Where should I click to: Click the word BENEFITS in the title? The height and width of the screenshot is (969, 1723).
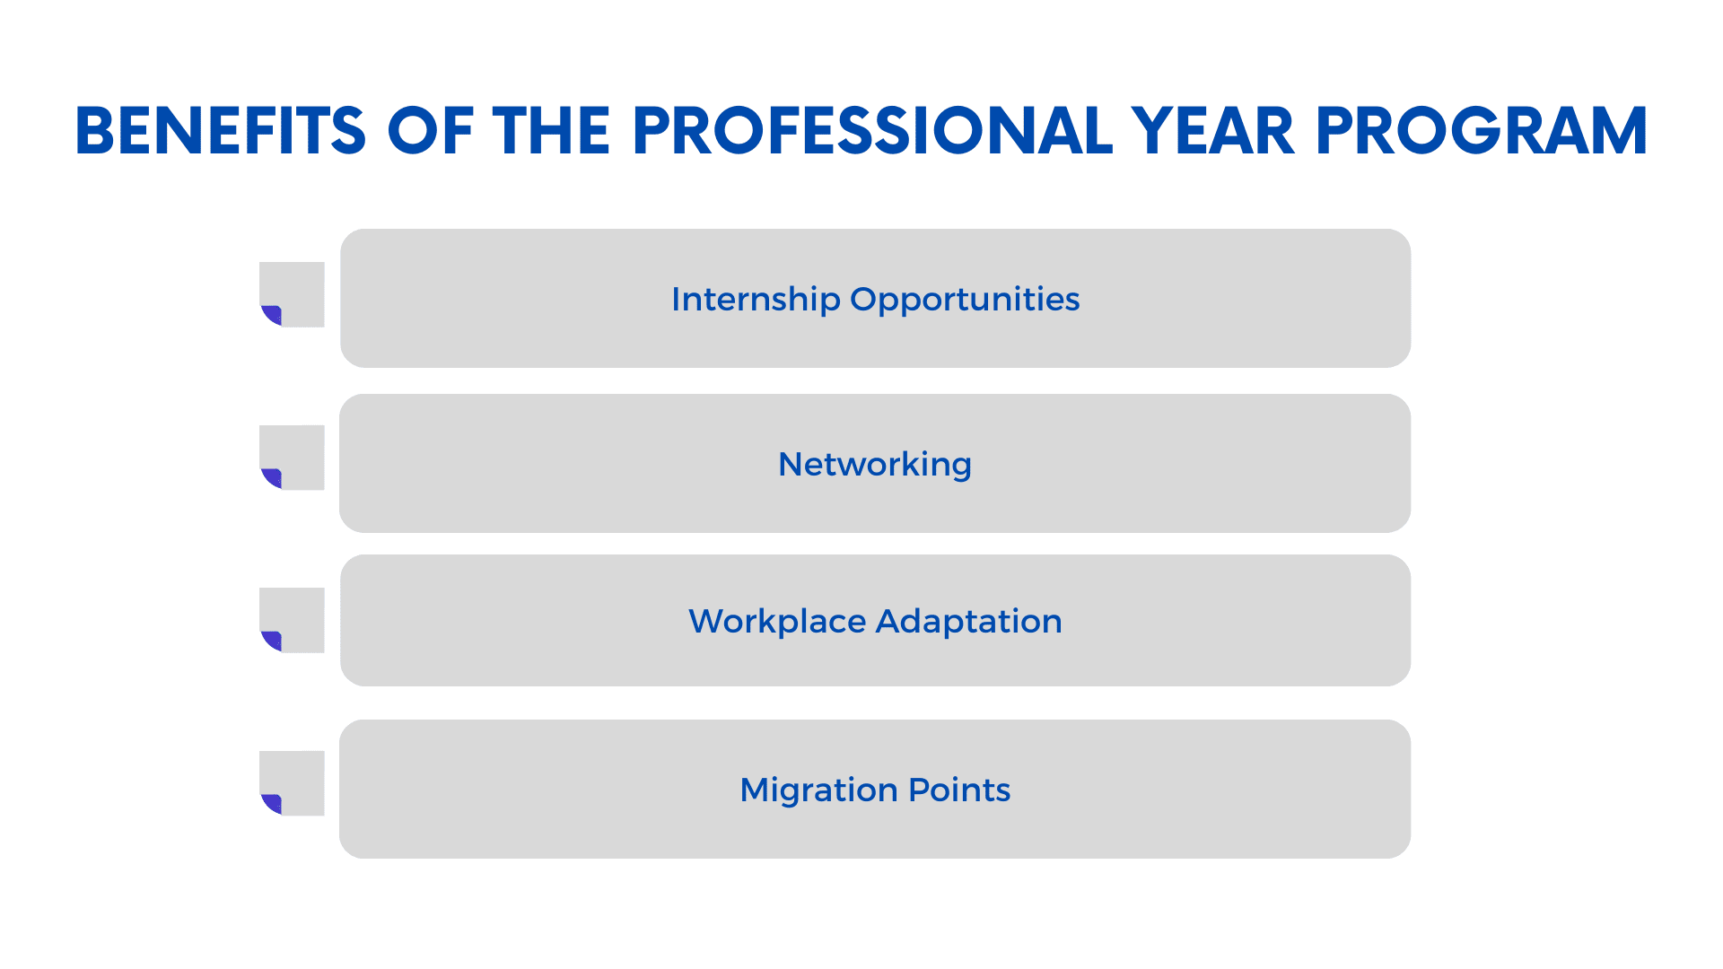tap(221, 131)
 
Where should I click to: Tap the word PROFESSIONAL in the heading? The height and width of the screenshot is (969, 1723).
tap(872, 131)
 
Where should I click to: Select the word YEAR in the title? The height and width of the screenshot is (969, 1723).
tap(1212, 131)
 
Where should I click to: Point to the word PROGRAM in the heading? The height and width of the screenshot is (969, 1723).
tap(1482, 131)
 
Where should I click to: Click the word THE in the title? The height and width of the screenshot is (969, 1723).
tap(551, 131)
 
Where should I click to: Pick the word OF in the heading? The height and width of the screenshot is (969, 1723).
tap(430, 131)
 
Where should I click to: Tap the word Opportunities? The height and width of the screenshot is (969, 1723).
tap(965, 300)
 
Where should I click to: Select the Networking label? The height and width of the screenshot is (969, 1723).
tap(875, 465)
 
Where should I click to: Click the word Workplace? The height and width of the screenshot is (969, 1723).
tap(777, 622)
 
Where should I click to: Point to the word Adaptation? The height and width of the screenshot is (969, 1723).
tap(969, 622)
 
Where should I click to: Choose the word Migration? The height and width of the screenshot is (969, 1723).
tap(819, 790)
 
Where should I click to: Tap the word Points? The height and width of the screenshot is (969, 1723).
tap(959, 790)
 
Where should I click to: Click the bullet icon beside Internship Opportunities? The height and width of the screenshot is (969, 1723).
tap(292, 294)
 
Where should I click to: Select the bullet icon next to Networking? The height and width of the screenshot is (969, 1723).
tap(292, 458)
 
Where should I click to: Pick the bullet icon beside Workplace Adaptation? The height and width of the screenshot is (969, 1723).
tap(292, 620)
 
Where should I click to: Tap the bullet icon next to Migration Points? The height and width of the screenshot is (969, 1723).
tap(292, 783)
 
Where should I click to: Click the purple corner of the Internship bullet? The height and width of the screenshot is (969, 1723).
tap(274, 315)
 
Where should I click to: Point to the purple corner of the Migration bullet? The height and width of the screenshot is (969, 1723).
tap(274, 804)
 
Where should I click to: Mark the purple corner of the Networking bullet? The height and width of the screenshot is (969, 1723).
tap(274, 478)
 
